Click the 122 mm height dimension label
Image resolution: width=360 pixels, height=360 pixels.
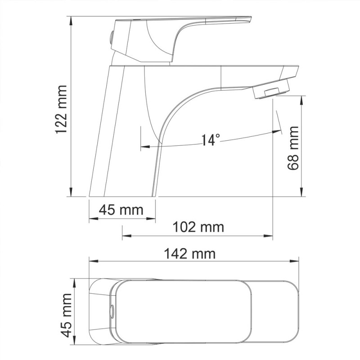click(x=60, y=109)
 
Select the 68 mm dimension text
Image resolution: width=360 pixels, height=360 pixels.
click(x=293, y=148)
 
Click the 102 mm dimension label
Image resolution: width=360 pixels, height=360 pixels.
click(x=198, y=227)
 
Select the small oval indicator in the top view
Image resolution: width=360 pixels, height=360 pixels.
click(x=112, y=311)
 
